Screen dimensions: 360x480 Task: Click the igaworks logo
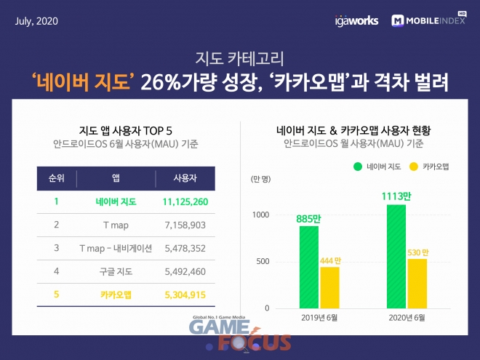[x=357, y=20]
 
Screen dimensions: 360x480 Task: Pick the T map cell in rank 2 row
[x=116, y=225]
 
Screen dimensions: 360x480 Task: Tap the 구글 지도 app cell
[x=116, y=271]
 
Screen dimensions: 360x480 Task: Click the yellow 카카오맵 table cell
[x=116, y=295]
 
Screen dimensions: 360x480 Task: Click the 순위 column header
[x=56, y=178]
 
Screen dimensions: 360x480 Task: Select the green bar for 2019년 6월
[x=309, y=266]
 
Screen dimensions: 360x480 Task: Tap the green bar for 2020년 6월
[x=396, y=256]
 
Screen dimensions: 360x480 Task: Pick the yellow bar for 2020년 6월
[x=416, y=283]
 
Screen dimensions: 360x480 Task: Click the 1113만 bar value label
[x=396, y=196]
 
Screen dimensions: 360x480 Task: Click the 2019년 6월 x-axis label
[x=319, y=319]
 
